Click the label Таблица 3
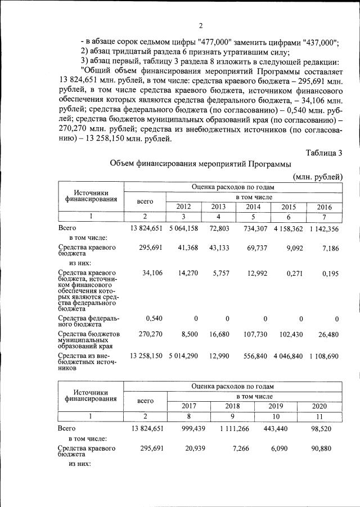[x=324, y=152]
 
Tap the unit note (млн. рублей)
[x=318, y=176]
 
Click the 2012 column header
[x=183, y=207]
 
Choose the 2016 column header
[x=324, y=207]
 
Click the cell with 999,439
[x=186, y=428]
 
